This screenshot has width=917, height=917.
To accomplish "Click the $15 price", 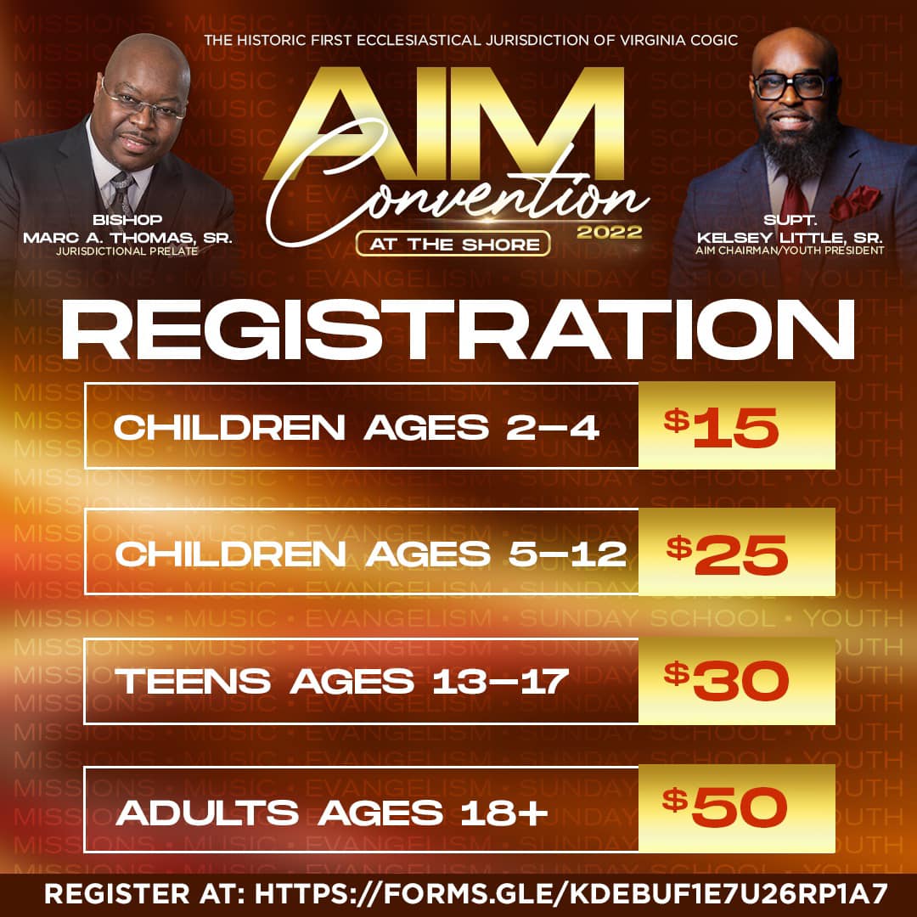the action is [721, 428].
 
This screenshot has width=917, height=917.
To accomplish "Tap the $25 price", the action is [727, 554].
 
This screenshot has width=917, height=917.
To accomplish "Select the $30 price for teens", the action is [726, 681].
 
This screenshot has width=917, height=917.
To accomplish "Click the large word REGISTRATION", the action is [458, 329].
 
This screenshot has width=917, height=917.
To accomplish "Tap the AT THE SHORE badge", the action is [453, 244].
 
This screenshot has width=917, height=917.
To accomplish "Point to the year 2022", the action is [610, 232].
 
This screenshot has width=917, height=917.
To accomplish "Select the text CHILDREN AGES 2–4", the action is [356, 427].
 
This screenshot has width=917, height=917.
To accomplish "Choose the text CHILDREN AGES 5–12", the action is [371, 554].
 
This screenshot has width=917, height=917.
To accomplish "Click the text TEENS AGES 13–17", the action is [341, 681].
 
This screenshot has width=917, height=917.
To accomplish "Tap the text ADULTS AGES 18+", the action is [332, 813].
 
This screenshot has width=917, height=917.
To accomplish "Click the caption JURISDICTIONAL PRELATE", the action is [127, 250].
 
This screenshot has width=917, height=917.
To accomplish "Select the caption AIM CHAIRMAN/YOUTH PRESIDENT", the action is [790, 250].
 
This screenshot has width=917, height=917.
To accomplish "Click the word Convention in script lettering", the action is [458, 190].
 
